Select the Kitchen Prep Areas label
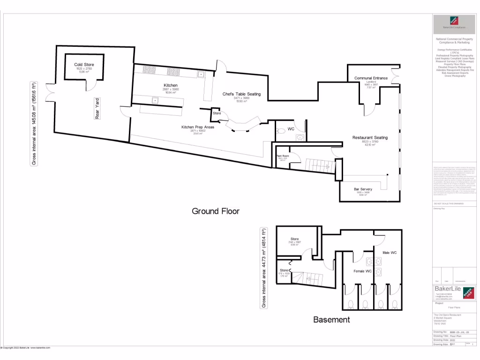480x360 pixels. pyautogui.click(x=198, y=127)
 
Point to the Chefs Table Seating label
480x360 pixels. pyautogui.click(x=241, y=94)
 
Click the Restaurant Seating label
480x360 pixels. pyautogui.click(x=370, y=137)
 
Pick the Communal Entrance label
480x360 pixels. pyautogui.click(x=371, y=78)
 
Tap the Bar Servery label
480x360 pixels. pyautogui.click(x=363, y=189)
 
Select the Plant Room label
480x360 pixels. pyautogui.click(x=282, y=156)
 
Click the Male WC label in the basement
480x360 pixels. pyautogui.click(x=389, y=253)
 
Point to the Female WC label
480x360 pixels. pyautogui.click(x=362, y=271)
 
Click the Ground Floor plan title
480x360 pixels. pyautogui.click(x=216, y=211)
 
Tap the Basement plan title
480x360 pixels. pyautogui.click(x=331, y=320)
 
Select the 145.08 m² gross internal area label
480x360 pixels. pyautogui.click(x=34, y=124)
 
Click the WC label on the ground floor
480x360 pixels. pyautogui.click(x=291, y=128)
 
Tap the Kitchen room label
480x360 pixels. pyautogui.click(x=170, y=85)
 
